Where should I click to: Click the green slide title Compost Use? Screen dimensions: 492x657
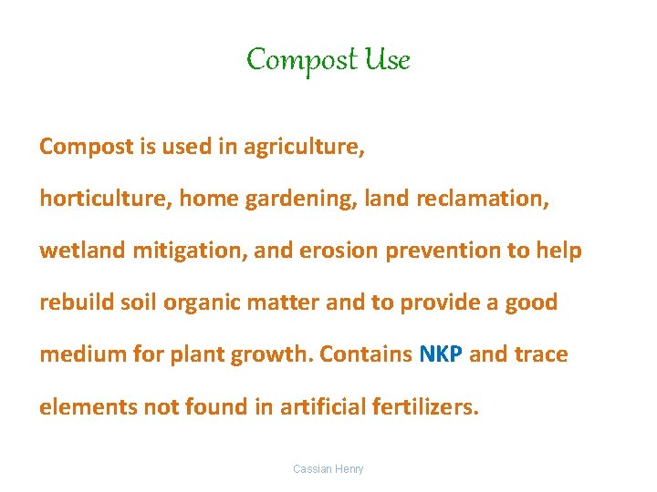coord(328,60)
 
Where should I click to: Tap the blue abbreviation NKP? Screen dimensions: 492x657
coord(441,354)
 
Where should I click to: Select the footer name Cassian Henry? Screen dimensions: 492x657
coord(328,469)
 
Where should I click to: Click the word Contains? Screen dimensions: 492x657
coord(369,354)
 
